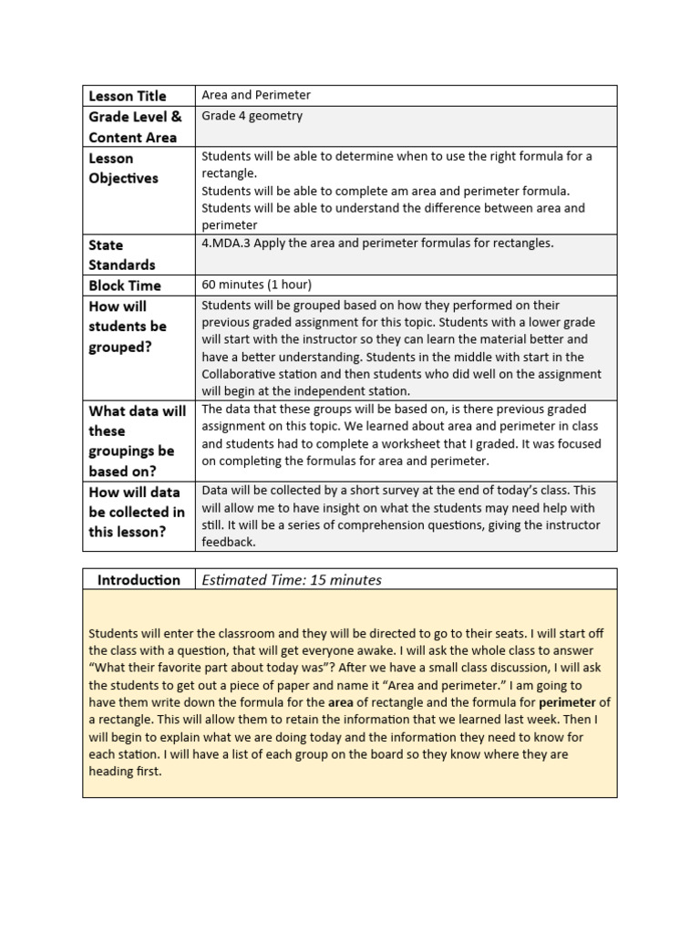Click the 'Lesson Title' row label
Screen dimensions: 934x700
(128, 96)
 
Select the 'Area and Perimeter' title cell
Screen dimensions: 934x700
(256, 95)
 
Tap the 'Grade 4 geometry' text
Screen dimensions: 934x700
(252, 116)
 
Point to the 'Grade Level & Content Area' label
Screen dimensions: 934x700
(135, 127)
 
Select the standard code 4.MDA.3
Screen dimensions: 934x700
(226, 243)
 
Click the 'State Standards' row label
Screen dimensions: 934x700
(121, 254)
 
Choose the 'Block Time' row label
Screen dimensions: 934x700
(125, 285)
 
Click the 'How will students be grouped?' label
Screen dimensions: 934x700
(128, 327)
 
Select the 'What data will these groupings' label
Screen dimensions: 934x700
(137, 441)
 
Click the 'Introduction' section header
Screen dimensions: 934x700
(139, 580)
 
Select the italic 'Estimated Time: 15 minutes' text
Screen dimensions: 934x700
(292, 580)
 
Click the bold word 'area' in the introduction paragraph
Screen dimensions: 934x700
(340, 702)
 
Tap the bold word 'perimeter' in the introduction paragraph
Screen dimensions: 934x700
(568, 702)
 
